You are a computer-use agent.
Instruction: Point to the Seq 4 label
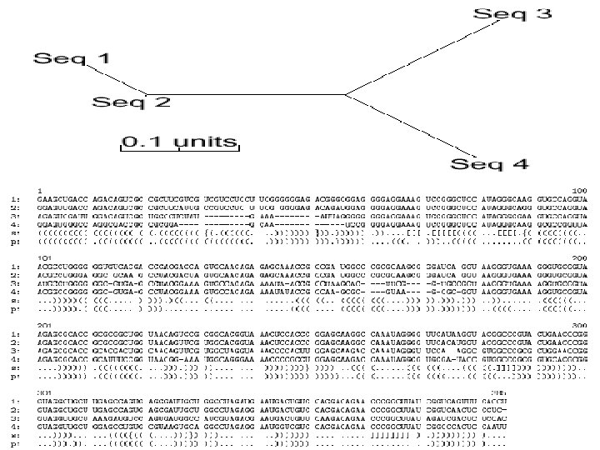(490, 163)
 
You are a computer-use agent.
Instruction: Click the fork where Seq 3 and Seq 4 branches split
(345, 94)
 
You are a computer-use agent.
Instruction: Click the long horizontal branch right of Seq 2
(250, 94)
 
